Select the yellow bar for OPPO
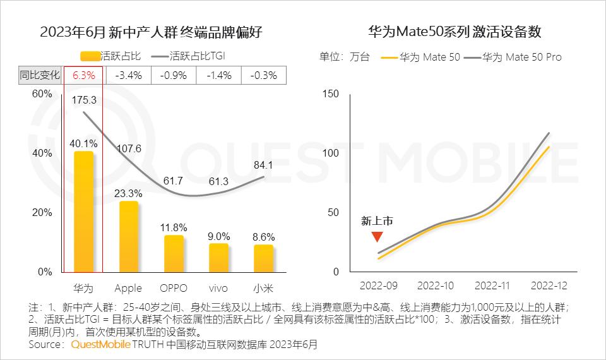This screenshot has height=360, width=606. pos(174,254)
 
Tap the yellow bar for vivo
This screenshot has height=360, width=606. pos(218,258)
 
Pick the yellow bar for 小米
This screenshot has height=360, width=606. pos(263,258)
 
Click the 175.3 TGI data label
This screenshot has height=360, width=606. pos(84,100)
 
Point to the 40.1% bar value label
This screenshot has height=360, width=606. pos(84,143)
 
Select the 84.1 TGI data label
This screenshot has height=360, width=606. pos(263,166)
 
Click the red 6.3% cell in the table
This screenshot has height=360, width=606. pos(84,75)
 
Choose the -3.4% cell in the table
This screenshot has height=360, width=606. pos(129,75)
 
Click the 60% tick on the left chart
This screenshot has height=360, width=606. pos(42,93)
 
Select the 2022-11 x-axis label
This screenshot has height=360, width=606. pos(492,285)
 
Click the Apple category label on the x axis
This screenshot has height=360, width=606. pos(129,289)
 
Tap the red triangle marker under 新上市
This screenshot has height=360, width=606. pos(377,237)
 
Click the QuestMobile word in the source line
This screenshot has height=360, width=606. pos(101,345)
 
